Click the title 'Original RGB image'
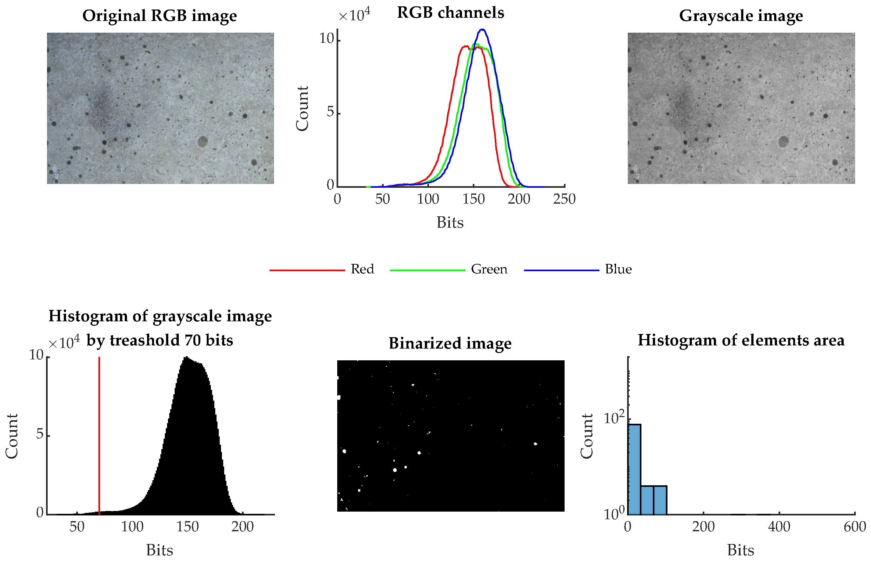pyautogui.click(x=159, y=16)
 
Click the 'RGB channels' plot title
pyautogui.click(x=450, y=13)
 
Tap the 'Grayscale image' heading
pyautogui.click(x=741, y=16)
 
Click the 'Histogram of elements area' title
pyautogui.click(x=741, y=340)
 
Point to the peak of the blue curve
pyautogui.click(x=483, y=29)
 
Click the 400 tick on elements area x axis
pyautogui.click(x=779, y=527)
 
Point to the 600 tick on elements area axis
pyautogui.click(x=854, y=527)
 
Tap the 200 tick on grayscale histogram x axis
pyautogui.click(x=242, y=527)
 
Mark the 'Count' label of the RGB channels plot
pyautogui.click(x=302, y=108)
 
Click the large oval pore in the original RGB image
pyautogui.click(x=202, y=141)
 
